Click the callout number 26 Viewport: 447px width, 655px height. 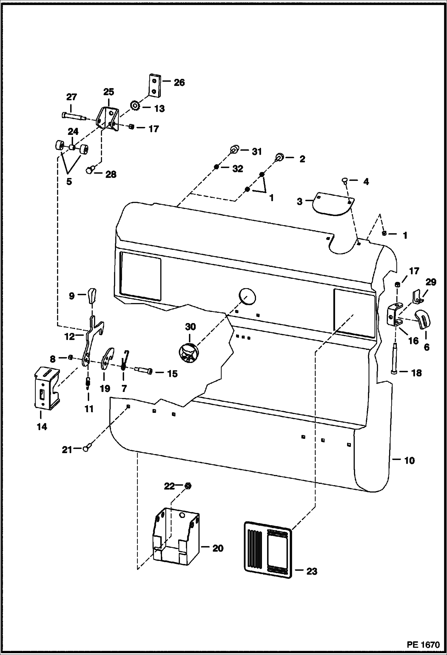click(x=179, y=82)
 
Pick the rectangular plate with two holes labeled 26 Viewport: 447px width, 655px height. click(x=155, y=86)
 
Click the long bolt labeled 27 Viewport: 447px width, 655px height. click(x=73, y=116)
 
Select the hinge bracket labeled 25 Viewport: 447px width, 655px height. click(x=109, y=119)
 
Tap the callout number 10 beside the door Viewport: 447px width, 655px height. click(x=410, y=460)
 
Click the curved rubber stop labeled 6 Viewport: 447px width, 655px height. click(x=423, y=319)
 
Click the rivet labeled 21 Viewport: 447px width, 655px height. click(x=86, y=448)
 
